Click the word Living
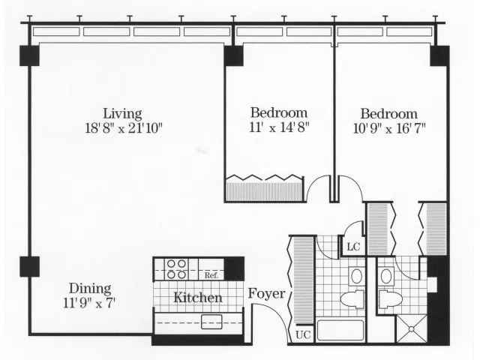click(122, 114)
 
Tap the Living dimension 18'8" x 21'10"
click(123, 128)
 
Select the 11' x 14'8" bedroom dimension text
click(279, 127)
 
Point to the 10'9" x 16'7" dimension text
click(389, 128)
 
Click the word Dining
click(90, 288)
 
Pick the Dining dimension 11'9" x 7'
click(89, 303)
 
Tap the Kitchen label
click(198, 298)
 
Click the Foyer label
click(266, 294)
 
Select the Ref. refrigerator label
click(211, 275)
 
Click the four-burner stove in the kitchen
click(176, 269)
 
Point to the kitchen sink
click(211, 322)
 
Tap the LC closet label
click(353, 247)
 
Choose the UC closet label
click(303, 335)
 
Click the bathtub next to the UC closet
click(340, 331)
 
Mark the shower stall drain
click(412, 329)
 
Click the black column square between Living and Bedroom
click(234, 56)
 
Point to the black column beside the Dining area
click(30, 267)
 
